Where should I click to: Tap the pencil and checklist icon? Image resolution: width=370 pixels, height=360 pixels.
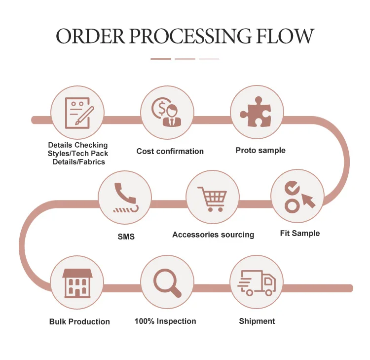coord(77,112)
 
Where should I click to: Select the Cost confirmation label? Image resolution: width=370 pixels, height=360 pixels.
coord(170,151)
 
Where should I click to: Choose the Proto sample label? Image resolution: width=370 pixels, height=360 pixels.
coord(260,150)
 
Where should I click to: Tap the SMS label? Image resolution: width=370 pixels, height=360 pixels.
coord(126,237)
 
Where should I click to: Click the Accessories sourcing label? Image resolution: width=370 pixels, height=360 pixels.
coord(213,235)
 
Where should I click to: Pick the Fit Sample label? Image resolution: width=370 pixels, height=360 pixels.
coord(299,233)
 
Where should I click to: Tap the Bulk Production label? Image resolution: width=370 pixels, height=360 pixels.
coord(79,321)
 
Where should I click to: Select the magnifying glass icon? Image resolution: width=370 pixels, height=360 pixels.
coord(167,282)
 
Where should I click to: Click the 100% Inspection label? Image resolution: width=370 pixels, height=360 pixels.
coord(165,321)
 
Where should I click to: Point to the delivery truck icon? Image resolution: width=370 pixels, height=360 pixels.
coord(257,283)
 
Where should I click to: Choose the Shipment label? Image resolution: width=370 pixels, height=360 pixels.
coord(257,321)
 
